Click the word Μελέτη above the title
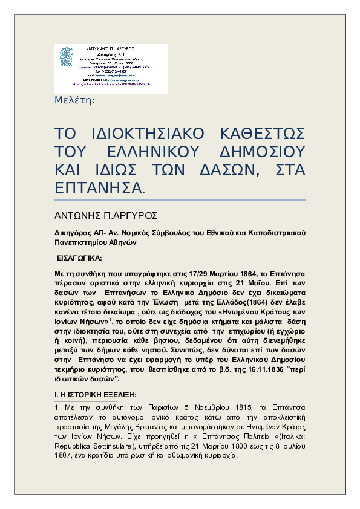pos(75,100)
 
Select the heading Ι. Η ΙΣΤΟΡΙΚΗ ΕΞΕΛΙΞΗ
pos(96,394)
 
